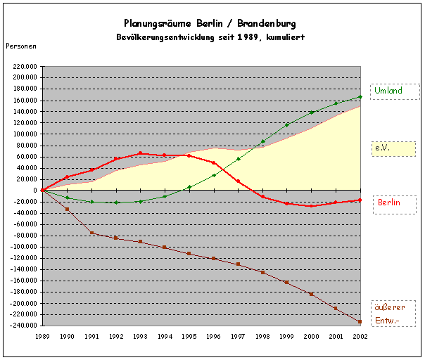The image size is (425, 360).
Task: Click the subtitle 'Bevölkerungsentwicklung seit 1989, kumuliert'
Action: (210, 36)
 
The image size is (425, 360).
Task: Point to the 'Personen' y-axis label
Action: (21, 46)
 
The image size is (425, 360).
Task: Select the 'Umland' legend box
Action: (394, 91)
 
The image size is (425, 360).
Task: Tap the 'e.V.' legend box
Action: (394, 148)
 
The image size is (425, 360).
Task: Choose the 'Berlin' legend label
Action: (394, 203)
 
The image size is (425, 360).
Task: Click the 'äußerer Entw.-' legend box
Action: (394, 314)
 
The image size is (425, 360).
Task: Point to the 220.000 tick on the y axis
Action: (24, 66)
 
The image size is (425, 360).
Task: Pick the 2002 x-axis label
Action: (360, 337)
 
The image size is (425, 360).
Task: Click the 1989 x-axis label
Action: (43, 337)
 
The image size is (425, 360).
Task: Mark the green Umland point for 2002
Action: (360, 97)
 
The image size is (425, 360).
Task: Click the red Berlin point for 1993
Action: (141, 153)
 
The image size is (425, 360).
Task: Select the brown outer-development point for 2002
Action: (360, 322)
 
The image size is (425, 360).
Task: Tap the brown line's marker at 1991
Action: (91, 233)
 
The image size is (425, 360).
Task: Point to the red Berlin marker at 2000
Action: (311, 206)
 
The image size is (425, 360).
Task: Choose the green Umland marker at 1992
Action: (116, 202)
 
